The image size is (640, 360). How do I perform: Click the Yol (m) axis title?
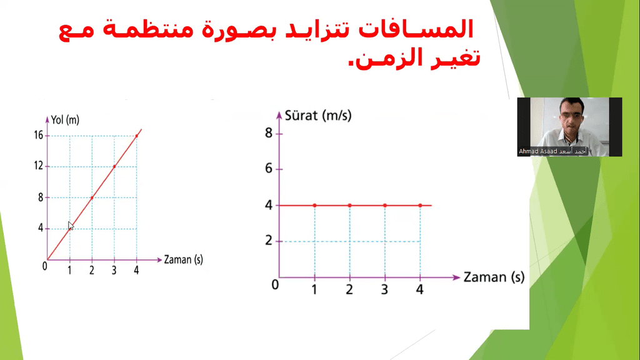(x=65, y=120)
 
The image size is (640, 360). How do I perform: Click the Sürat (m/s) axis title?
(x=318, y=116)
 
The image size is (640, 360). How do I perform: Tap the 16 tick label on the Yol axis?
(x=38, y=135)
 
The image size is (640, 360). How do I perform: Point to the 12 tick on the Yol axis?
(x=38, y=166)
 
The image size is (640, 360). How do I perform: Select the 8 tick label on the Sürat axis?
(x=269, y=132)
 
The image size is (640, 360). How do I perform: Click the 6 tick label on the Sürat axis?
(x=269, y=168)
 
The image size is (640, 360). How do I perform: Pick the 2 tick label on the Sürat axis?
(x=269, y=241)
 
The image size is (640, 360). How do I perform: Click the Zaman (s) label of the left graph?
(x=183, y=259)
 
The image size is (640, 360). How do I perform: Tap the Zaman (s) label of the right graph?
(x=494, y=277)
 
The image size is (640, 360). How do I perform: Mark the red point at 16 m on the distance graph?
(x=137, y=136)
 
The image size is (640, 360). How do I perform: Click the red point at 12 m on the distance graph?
(x=114, y=166)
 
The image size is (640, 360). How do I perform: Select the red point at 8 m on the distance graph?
(x=92, y=197)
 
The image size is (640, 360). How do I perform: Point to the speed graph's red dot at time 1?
(x=315, y=205)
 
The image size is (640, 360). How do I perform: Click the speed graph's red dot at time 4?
(x=420, y=205)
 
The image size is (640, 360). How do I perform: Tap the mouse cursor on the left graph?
(x=71, y=226)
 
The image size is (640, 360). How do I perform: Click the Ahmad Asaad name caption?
(x=552, y=151)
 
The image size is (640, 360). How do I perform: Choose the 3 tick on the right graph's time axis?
(x=384, y=289)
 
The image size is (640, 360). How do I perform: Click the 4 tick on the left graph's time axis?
(x=136, y=270)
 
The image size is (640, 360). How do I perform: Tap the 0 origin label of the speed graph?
(x=275, y=284)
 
